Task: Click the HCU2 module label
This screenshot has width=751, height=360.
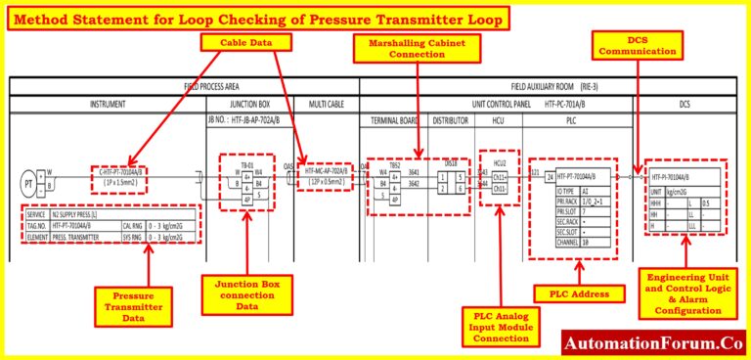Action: pos(499,163)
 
